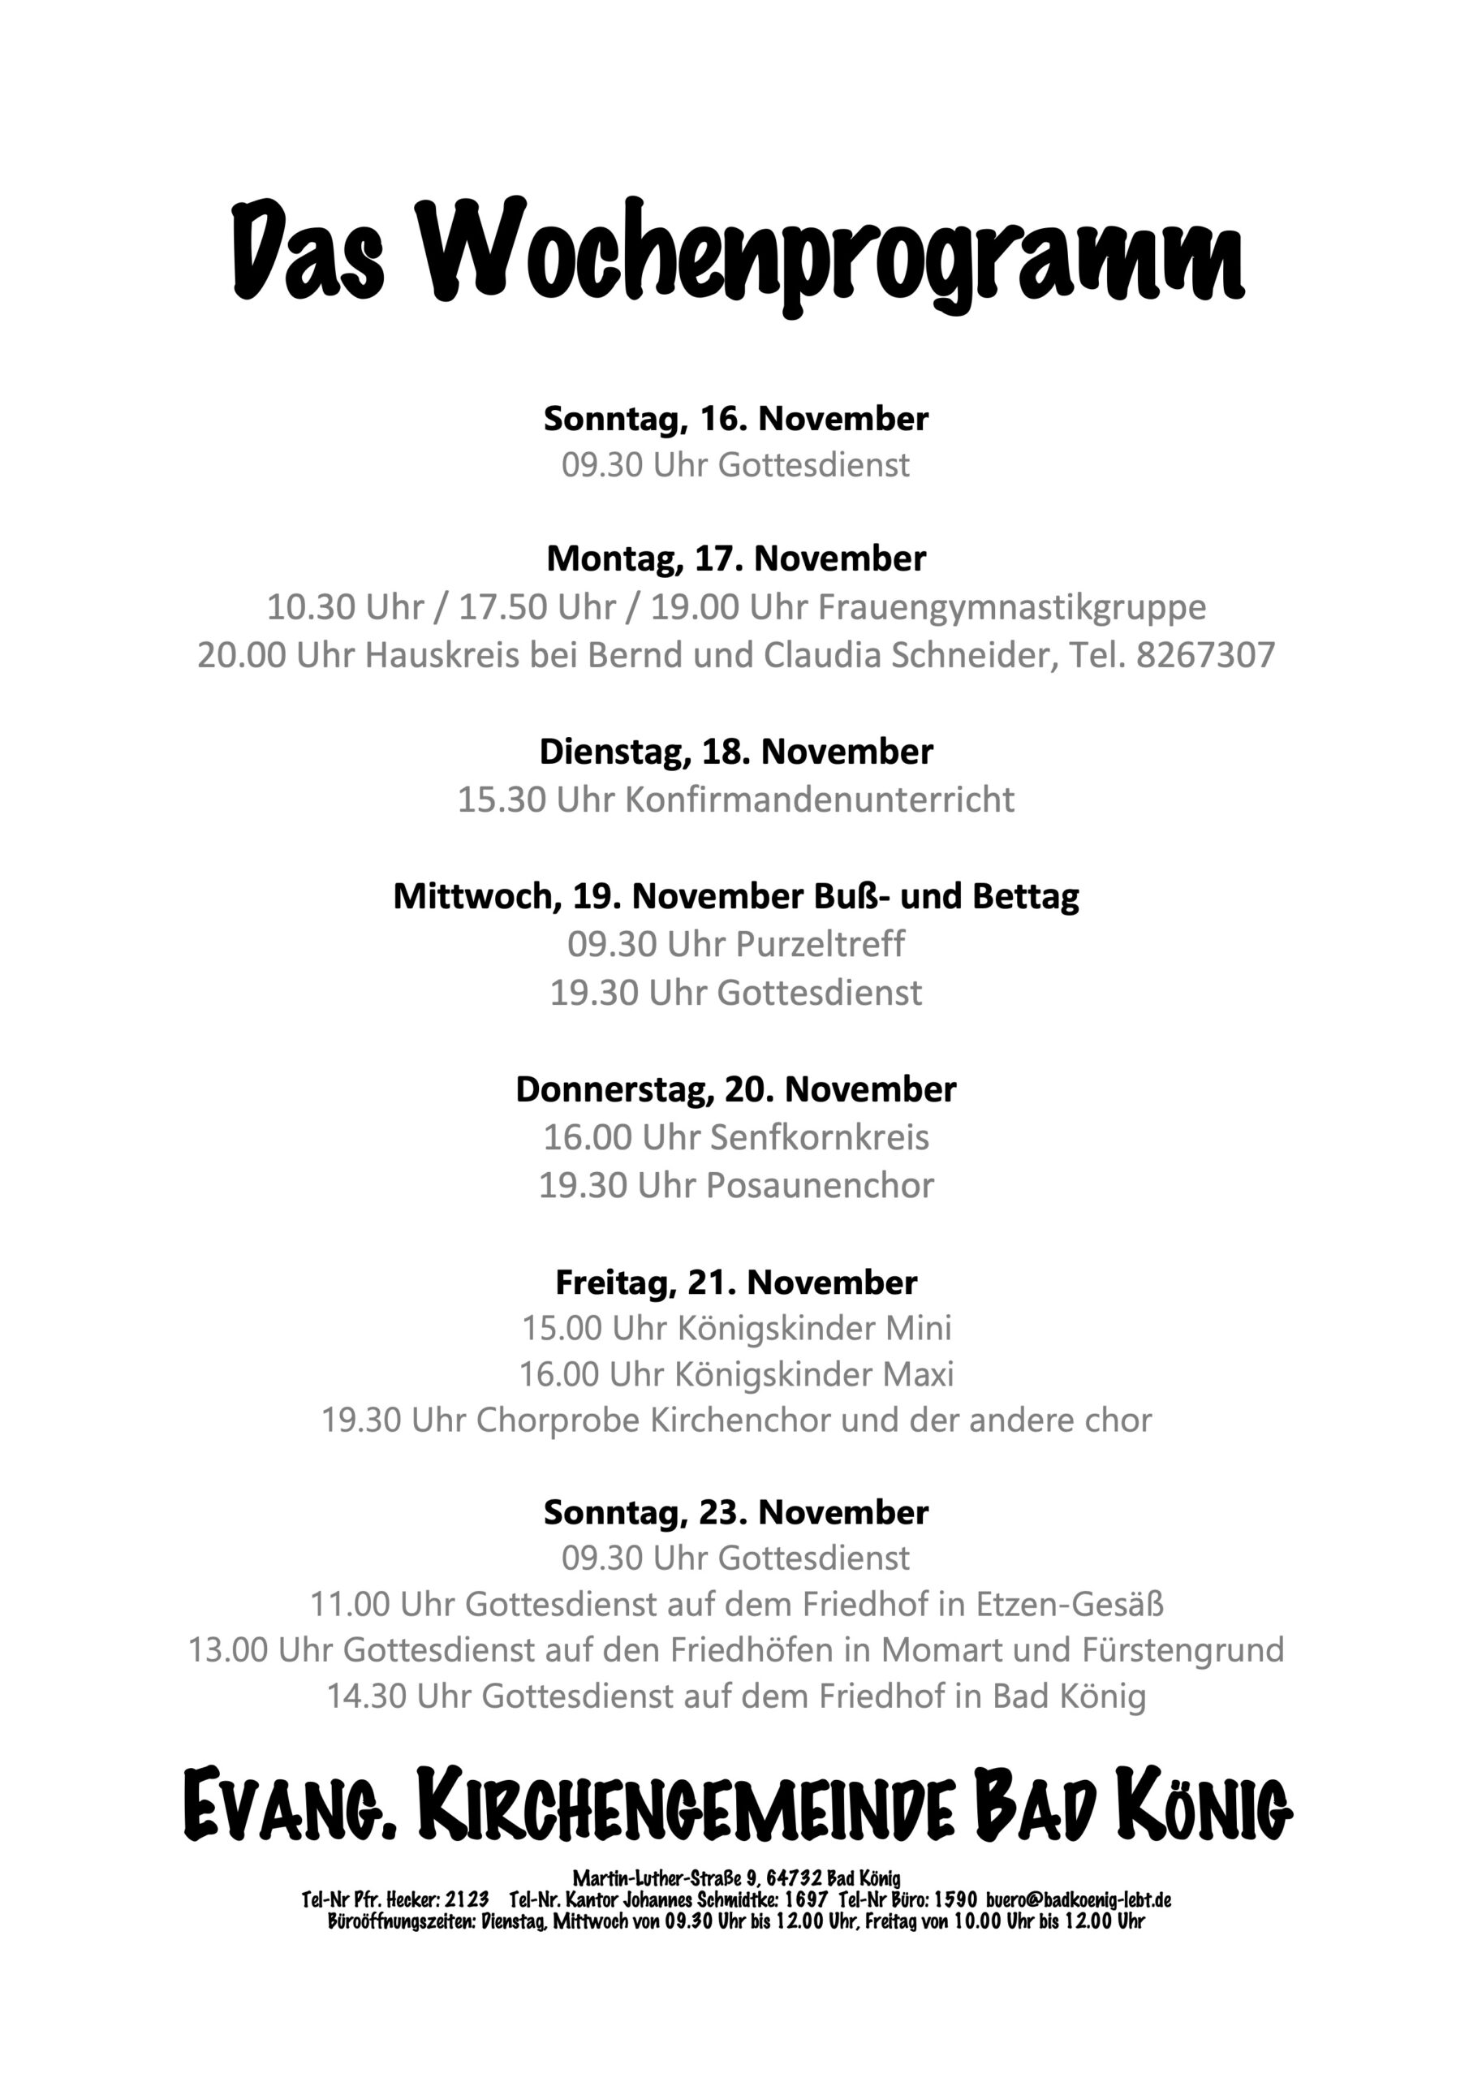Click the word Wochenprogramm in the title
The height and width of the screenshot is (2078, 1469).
coord(834,252)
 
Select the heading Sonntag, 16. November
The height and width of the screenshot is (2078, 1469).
coord(735,419)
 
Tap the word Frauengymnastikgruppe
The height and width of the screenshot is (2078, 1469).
coord(1012,607)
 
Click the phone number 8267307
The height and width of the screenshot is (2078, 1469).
coord(1204,655)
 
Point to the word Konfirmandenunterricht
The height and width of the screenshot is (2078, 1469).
coord(819,800)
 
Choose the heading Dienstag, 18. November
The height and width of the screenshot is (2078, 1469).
coord(735,752)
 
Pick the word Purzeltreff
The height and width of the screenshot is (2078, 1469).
coord(820,944)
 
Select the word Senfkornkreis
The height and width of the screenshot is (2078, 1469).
coord(819,1138)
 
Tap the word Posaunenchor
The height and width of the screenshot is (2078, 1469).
coord(819,1186)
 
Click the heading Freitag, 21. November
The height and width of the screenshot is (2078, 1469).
coord(735,1283)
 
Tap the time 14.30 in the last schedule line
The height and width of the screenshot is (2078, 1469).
coord(367,1696)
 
